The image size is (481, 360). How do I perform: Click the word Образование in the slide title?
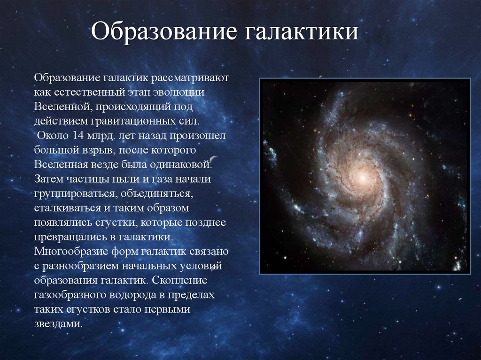tap(164, 31)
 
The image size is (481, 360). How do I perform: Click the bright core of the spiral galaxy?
tap(362, 177)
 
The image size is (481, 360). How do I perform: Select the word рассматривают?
tap(190, 78)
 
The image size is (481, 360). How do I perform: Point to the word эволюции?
tap(178, 92)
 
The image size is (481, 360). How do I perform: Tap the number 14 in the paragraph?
tap(78, 135)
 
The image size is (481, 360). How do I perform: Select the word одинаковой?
tap(181, 165)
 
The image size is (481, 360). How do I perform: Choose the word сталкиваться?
tap(68, 208)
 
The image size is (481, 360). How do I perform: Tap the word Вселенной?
tap(63, 107)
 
